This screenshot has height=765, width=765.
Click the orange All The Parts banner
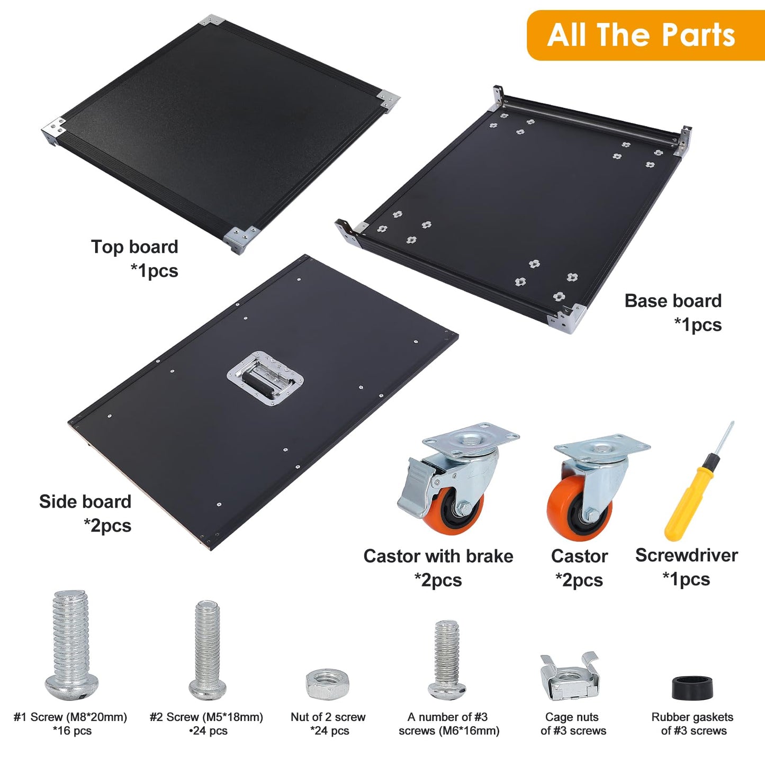[646, 35]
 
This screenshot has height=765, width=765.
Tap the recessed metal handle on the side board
[265, 378]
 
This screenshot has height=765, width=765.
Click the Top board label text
[134, 247]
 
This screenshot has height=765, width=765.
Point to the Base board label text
[673, 301]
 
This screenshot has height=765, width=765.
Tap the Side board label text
[85, 501]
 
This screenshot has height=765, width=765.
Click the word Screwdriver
[687, 555]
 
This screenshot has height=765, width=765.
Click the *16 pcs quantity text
[72, 731]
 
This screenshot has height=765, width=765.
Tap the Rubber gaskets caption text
[692, 717]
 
